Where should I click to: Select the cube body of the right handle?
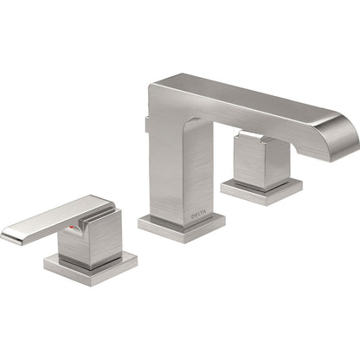click(x=260, y=162)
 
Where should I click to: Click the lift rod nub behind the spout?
click(x=144, y=128)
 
